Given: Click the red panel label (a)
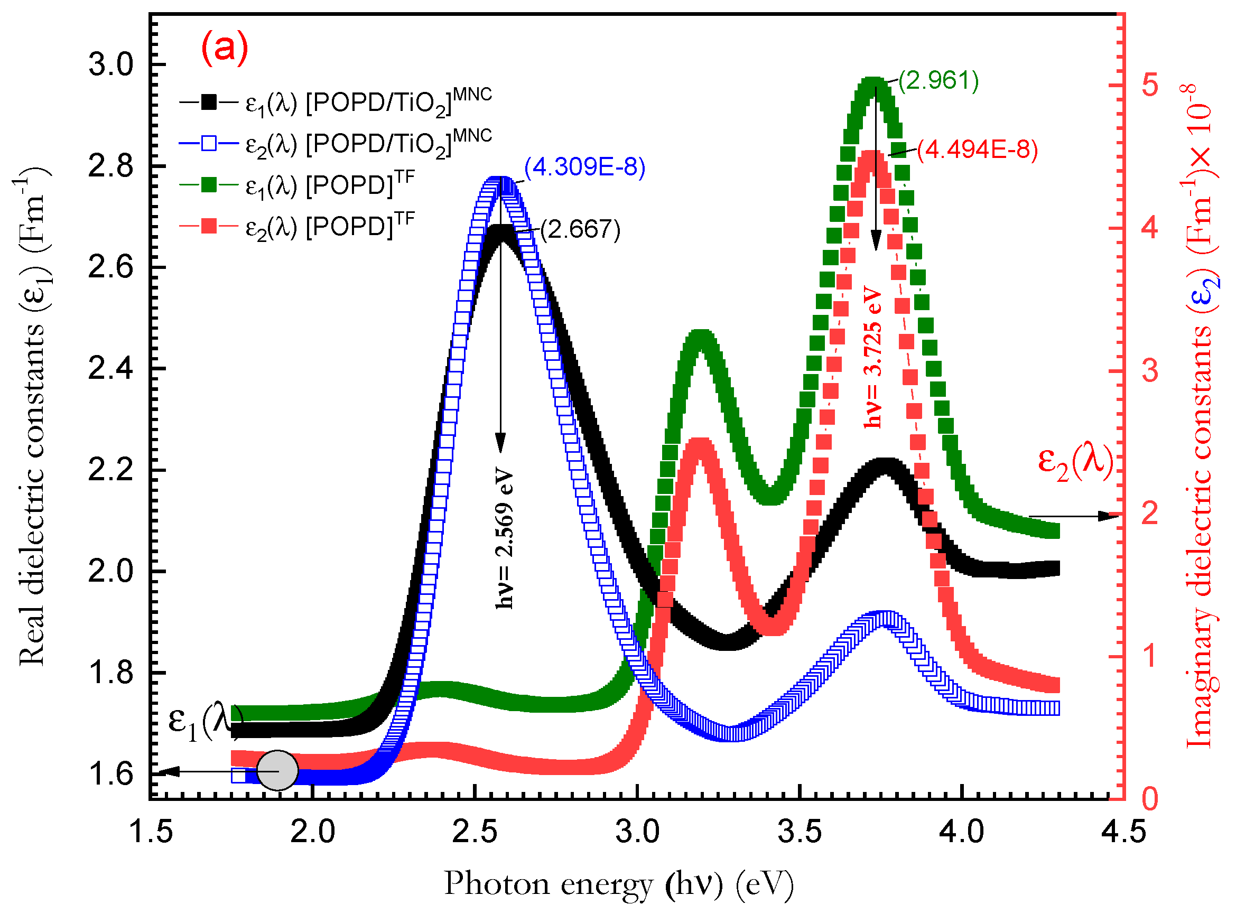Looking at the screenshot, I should point(225,48).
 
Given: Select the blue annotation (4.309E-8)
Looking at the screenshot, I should point(585,167).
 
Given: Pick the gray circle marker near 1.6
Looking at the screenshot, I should point(278,771).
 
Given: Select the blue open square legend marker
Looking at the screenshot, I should point(209,143).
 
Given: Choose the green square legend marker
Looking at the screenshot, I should point(209,185).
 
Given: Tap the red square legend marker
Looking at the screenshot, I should point(209,226).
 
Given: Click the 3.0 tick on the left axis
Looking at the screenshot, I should point(111,65).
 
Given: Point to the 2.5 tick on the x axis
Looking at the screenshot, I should point(475,832).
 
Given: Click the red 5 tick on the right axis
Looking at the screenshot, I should point(1150,86).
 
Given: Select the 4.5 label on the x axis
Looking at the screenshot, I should point(1123,832).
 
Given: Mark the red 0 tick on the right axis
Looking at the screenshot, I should point(1150,799).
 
